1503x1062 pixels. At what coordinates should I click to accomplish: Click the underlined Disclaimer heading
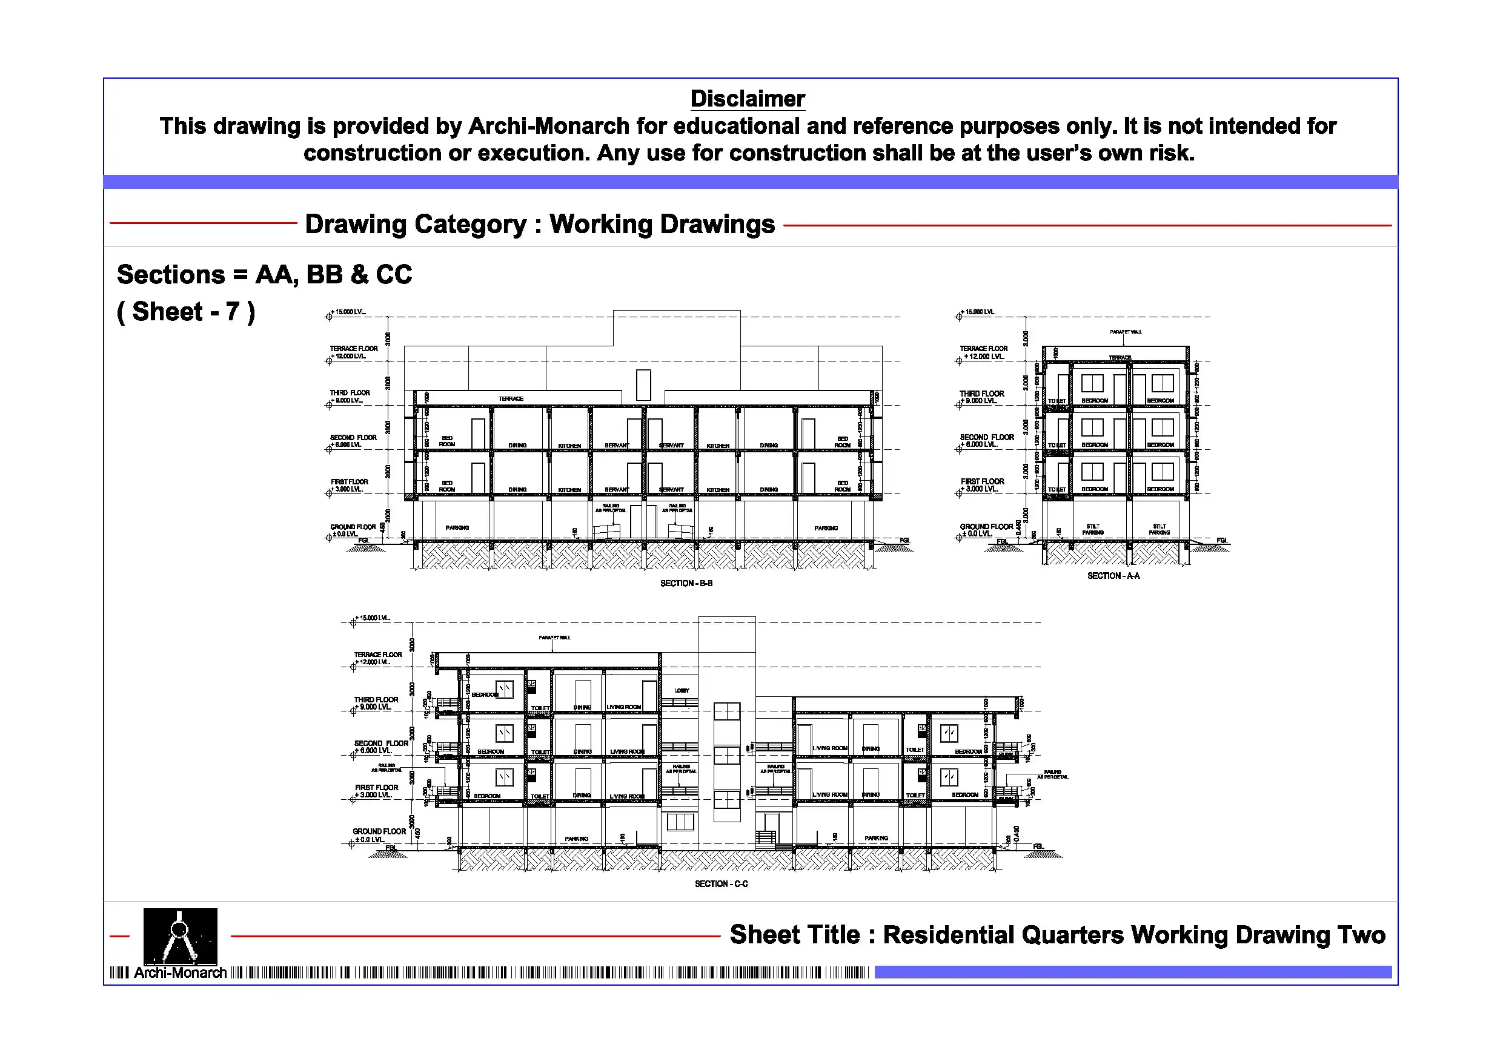[747, 99]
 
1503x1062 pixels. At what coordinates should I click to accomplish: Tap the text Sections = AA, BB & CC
[265, 274]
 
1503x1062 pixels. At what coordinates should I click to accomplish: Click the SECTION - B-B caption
[686, 583]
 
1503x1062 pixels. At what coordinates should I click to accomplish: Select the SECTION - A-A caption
[1113, 576]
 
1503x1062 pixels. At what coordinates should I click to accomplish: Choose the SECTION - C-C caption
[721, 884]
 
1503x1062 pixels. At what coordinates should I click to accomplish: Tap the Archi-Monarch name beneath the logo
[180, 973]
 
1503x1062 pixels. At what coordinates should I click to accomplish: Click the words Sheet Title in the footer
[795, 935]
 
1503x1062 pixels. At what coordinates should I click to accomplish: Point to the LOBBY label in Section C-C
[682, 690]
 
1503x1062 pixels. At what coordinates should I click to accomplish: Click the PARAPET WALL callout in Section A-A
[1126, 332]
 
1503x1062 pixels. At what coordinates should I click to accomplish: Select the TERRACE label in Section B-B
[511, 398]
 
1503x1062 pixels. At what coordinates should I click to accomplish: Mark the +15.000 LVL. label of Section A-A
[978, 312]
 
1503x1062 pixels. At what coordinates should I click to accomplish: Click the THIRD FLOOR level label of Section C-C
[376, 704]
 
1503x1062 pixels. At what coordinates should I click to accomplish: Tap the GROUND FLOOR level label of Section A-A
[986, 530]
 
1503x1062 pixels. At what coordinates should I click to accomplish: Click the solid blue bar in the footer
[1132, 972]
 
